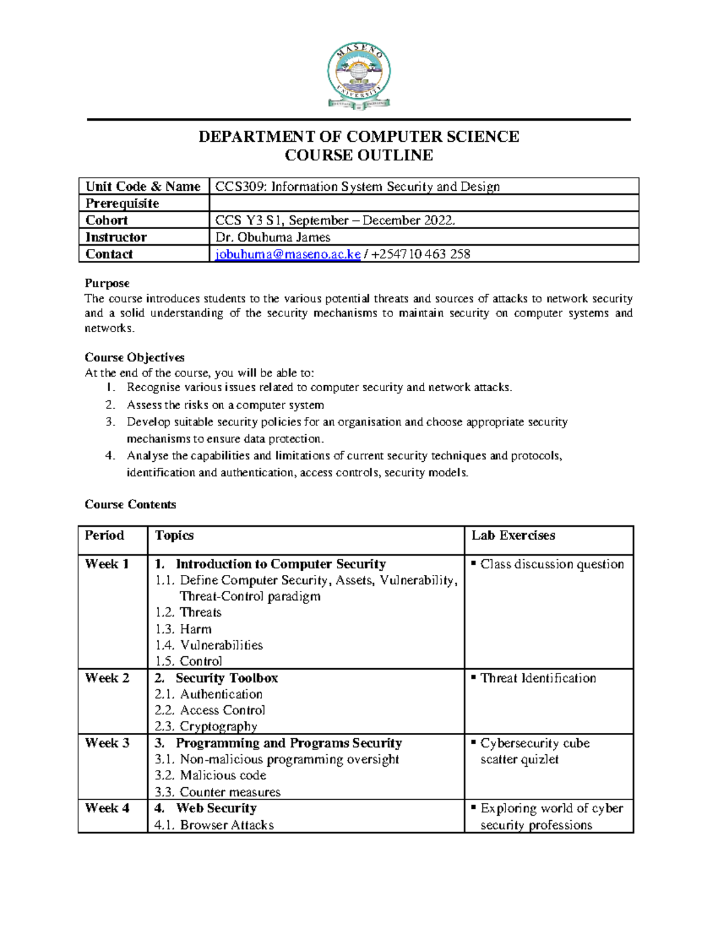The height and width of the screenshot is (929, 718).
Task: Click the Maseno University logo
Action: tap(359, 76)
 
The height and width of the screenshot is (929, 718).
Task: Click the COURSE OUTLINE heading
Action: tap(359, 156)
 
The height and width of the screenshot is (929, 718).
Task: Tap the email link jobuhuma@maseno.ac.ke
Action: tap(288, 254)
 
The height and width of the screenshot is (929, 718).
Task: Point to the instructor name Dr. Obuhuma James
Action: tap(273, 237)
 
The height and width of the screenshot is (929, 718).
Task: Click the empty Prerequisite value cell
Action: tap(424, 203)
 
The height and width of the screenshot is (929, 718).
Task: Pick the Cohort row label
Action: tap(107, 220)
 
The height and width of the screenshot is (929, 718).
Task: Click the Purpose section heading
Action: tap(107, 283)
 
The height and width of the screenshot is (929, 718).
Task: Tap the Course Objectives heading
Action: tap(135, 357)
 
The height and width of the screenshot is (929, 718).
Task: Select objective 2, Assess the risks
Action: tap(225, 405)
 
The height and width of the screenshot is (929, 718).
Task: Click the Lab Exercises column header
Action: tap(513, 535)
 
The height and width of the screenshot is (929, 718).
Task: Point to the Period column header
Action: tap(105, 535)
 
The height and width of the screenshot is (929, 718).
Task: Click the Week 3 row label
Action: tap(107, 743)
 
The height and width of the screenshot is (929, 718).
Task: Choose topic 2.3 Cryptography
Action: tap(206, 726)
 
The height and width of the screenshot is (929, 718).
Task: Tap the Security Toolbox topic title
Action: tap(226, 678)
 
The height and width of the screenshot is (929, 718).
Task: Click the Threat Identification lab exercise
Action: tap(538, 678)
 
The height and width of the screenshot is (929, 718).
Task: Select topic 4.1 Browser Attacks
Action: tap(214, 825)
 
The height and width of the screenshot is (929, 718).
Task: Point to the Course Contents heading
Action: tap(130, 504)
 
